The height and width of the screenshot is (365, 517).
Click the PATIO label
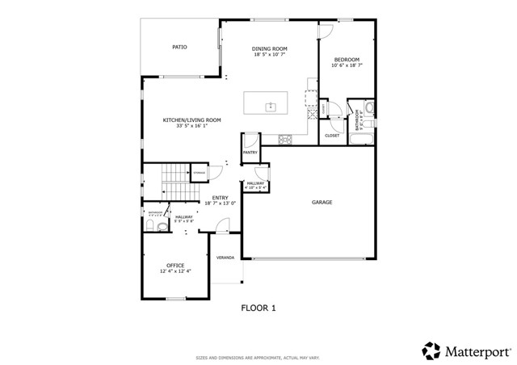(179, 47)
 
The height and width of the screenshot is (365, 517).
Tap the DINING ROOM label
(270, 49)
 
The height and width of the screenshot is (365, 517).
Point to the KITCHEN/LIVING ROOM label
(192, 120)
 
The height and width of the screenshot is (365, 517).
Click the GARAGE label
(322, 202)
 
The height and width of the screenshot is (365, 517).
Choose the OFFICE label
(175, 266)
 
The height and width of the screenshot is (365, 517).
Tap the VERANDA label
(225, 258)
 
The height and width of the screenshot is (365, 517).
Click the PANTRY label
(250, 152)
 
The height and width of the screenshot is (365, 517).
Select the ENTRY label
(219, 198)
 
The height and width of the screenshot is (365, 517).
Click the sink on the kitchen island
(271, 106)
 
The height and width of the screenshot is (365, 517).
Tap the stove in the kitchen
(285, 140)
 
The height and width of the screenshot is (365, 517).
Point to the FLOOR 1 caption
(258, 308)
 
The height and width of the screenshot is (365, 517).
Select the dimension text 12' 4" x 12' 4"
(175, 272)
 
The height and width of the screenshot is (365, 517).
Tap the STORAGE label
(198, 173)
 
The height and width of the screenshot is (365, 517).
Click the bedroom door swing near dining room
(326, 31)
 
